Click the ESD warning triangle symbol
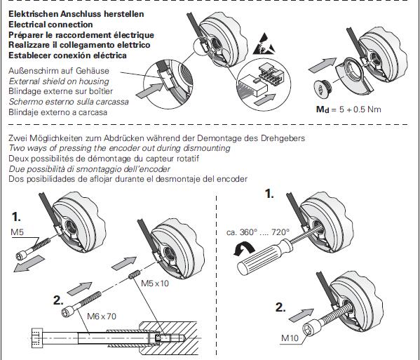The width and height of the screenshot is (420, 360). click(264, 44)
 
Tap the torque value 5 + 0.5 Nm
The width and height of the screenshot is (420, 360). click(360, 109)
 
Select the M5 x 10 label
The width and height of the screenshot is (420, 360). click(155, 284)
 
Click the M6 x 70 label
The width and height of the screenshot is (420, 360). click(102, 316)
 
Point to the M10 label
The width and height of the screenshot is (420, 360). click(290, 338)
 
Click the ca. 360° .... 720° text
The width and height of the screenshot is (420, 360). click(258, 232)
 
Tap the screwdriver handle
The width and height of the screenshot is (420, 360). click(264, 258)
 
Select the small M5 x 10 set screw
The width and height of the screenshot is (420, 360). click(135, 274)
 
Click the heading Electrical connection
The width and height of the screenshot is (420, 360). click(50, 25)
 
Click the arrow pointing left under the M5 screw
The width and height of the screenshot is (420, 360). click(29, 264)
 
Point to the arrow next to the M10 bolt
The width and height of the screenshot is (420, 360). click(301, 315)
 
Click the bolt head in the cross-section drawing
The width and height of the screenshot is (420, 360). click(37, 338)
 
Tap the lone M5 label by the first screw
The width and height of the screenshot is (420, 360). click(17, 232)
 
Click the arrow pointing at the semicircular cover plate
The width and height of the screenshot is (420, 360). click(323, 65)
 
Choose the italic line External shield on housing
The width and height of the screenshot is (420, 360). click(59, 81)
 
